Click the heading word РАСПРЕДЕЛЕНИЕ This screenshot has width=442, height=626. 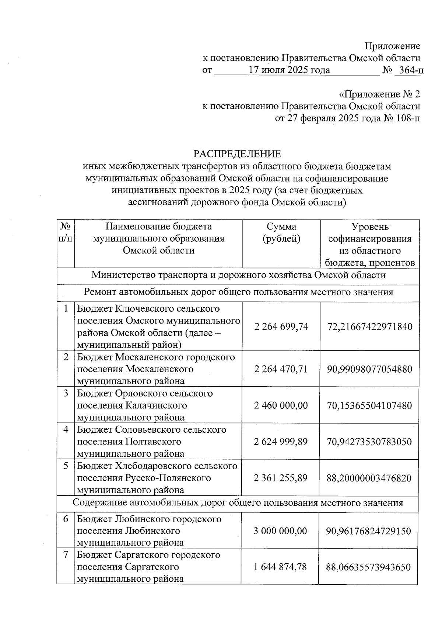(237, 154)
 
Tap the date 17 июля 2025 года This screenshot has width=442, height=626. (289, 70)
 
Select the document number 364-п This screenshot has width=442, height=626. (409, 70)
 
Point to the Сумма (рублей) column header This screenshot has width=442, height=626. (281, 233)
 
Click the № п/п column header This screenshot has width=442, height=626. (66, 232)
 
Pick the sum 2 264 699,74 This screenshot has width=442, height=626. (281, 326)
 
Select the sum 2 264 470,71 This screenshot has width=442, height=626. (281, 369)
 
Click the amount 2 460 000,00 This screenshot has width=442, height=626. (281, 405)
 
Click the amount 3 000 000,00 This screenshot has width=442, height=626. (280, 531)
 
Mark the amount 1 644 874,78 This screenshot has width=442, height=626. (280, 567)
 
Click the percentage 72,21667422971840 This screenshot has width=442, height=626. (369, 326)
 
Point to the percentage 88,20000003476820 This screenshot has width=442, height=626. (369, 478)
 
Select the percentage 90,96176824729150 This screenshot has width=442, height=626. (368, 531)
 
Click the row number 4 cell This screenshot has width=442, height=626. (66, 430)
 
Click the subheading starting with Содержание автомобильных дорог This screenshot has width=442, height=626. (238, 503)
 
